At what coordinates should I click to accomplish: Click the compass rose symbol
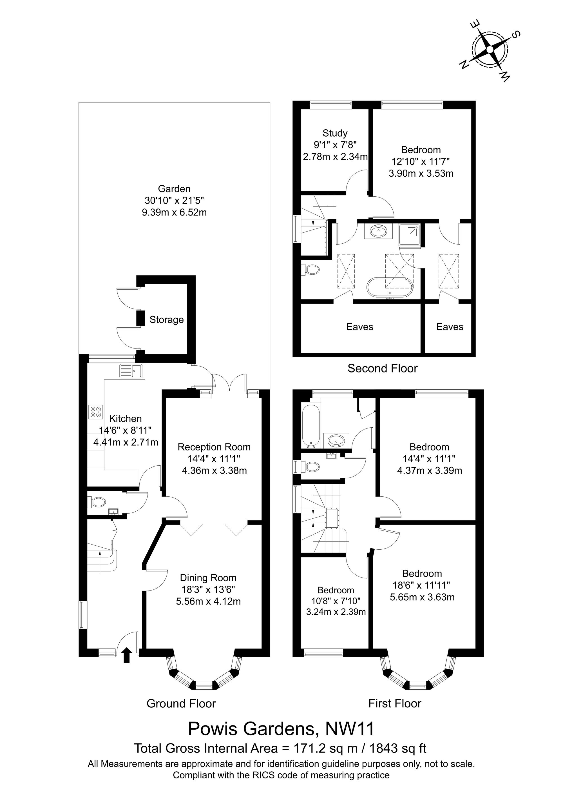[x=490, y=50]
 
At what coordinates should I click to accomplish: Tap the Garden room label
[x=174, y=189]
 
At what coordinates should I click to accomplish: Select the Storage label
[x=166, y=320]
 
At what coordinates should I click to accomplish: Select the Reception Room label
[x=214, y=447]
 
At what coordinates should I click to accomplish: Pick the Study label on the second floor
[x=335, y=133]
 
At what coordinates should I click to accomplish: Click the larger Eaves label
[x=360, y=327]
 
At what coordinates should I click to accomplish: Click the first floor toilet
[x=311, y=467]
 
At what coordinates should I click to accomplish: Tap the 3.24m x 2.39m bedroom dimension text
[x=336, y=611]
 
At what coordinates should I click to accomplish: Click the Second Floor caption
[x=383, y=368]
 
